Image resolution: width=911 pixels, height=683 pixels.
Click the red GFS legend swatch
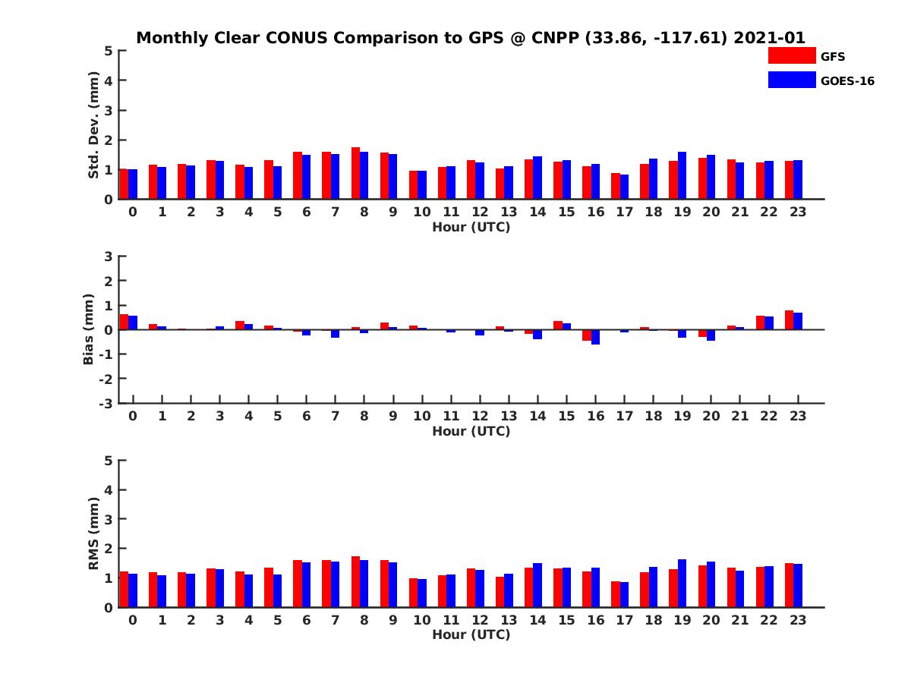click(792, 55)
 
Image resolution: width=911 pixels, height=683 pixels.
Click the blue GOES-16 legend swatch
click(792, 80)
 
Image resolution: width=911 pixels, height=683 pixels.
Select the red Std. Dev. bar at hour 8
click(355, 173)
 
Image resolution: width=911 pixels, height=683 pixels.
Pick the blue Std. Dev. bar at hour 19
click(682, 175)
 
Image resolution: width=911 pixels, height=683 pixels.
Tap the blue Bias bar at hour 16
click(595, 337)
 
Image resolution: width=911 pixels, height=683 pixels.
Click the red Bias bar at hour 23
click(790, 320)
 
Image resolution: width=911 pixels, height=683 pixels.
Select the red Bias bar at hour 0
click(125, 322)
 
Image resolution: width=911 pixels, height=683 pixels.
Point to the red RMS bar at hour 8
click(355, 581)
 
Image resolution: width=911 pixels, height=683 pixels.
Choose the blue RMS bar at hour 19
click(682, 583)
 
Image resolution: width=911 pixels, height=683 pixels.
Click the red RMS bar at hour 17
click(616, 594)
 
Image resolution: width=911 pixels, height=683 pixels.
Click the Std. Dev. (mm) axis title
click(94, 124)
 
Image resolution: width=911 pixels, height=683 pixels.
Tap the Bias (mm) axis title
click(88, 329)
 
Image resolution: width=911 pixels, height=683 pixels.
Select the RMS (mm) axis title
click(94, 533)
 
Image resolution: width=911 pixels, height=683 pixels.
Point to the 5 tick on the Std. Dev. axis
click(109, 51)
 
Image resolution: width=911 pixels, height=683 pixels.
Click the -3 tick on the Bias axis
click(107, 404)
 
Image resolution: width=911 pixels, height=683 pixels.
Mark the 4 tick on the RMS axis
click(109, 489)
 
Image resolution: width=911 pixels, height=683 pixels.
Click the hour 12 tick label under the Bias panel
click(479, 417)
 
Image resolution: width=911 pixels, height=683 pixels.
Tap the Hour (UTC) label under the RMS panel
click(471, 634)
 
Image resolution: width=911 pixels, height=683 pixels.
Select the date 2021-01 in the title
click(769, 37)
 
